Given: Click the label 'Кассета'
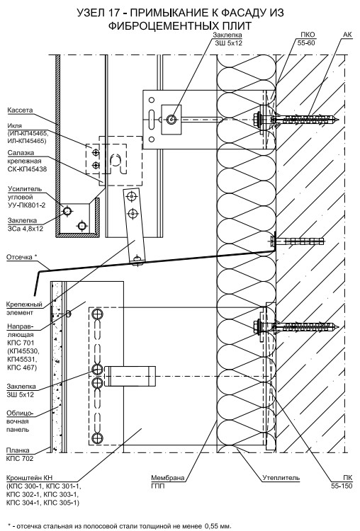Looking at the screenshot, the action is [x=20, y=110].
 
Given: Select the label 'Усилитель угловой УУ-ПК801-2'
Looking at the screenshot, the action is [x=26, y=197].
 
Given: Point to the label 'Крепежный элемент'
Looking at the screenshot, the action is [x=24, y=308].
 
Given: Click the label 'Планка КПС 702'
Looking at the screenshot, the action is [x=20, y=455].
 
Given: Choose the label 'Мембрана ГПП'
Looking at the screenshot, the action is [x=168, y=482].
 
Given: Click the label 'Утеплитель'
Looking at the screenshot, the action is [x=281, y=478].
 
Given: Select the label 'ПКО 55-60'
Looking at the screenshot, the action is [x=306, y=39].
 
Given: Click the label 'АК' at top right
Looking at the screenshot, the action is [x=347, y=35].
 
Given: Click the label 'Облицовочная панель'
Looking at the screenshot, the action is [x=20, y=421].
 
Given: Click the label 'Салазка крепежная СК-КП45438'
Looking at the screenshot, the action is [x=27, y=161].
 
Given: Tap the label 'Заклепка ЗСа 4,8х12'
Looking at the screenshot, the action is [x=26, y=224].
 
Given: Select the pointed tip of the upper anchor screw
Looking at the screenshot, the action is [x=339, y=119].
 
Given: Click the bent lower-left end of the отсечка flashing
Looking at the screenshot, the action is [x=34, y=295].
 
